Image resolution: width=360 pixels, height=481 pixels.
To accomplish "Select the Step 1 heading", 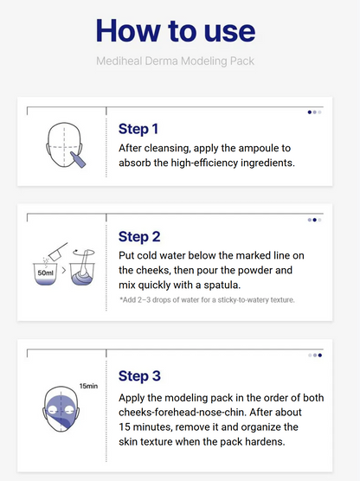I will point(138,129).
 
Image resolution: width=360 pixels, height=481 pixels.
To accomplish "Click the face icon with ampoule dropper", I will point(65,143).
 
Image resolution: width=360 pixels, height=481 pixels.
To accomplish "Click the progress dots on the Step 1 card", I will point(314,112).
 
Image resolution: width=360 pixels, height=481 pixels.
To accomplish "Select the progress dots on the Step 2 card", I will point(314,220).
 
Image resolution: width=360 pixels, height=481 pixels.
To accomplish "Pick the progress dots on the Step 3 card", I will point(314,355).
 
